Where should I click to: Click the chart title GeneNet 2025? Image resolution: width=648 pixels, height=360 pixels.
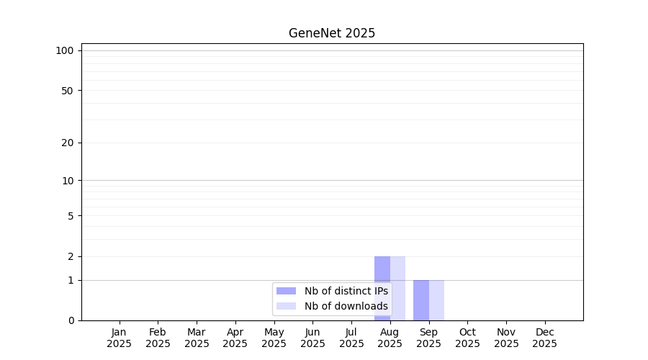(332, 33)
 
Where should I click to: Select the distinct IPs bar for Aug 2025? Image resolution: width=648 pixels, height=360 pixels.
(382, 289)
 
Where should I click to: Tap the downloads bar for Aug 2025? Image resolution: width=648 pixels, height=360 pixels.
(397, 289)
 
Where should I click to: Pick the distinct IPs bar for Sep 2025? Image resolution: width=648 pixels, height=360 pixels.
(421, 300)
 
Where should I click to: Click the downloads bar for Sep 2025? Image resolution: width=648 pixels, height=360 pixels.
(436, 300)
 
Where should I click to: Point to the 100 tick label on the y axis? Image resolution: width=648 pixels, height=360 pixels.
(65, 51)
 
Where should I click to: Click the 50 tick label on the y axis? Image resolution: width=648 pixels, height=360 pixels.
(68, 91)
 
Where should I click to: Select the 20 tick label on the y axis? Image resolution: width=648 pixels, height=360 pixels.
(68, 143)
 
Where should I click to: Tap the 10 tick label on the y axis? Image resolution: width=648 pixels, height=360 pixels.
(68, 181)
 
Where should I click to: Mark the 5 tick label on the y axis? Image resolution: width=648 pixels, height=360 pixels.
(71, 216)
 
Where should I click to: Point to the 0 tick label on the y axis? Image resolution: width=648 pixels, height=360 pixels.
(71, 320)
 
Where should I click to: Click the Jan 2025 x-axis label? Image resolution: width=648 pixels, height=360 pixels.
(119, 338)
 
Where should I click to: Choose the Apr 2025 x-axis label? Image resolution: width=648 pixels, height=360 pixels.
(235, 338)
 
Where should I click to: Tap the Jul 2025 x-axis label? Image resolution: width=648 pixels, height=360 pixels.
(351, 338)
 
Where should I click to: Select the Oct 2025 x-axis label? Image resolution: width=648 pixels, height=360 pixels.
(467, 338)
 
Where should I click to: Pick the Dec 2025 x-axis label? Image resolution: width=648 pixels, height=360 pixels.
(545, 338)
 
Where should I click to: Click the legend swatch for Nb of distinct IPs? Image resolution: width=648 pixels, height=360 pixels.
(286, 291)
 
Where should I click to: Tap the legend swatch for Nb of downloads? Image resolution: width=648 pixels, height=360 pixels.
(286, 306)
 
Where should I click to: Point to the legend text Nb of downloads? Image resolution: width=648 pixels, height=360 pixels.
(346, 306)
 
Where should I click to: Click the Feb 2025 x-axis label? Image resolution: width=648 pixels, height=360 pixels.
(158, 338)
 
